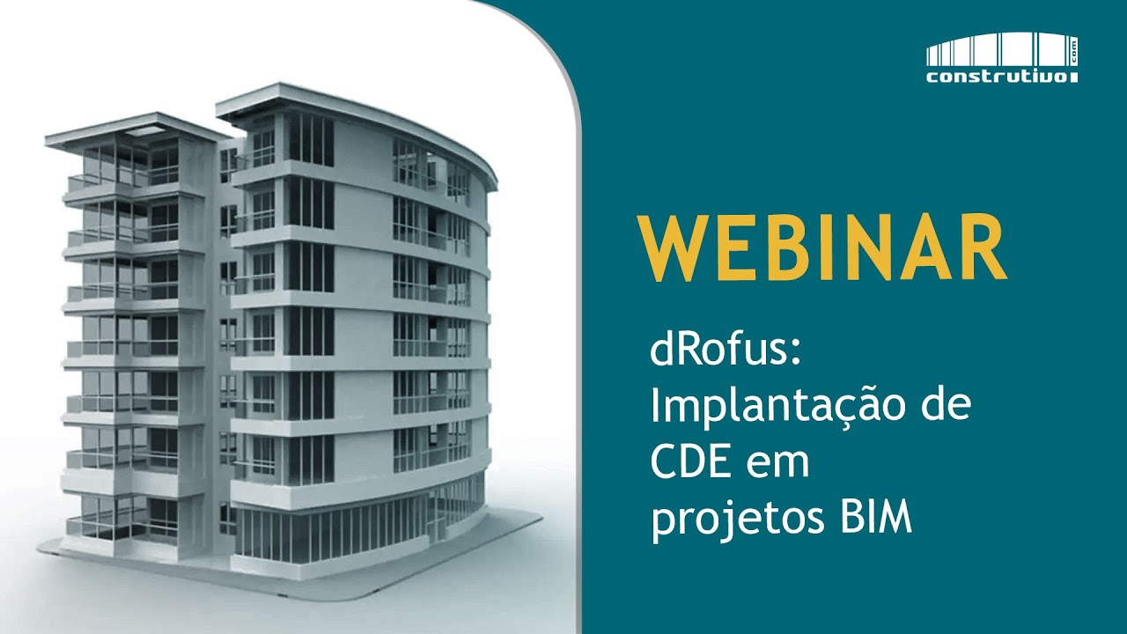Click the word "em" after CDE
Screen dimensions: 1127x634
pos(779,466)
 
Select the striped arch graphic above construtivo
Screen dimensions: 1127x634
pos(994,49)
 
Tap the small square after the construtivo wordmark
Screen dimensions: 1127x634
pos(1073,78)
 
